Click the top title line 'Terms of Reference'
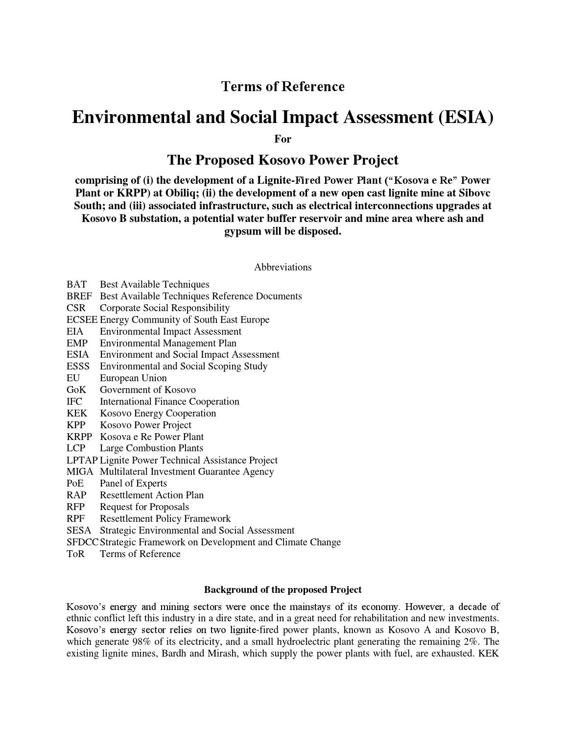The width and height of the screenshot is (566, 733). pyautogui.click(x=283, y=87)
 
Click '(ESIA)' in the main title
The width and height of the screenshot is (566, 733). pyautogui.click(x=465, y=118)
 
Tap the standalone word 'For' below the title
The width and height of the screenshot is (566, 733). pyautogui.click(x=283, y=139)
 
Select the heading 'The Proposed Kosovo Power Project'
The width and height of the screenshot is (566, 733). pyautogui.click(x=283, y=160)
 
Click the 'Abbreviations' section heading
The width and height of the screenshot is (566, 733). pyautogui.click(x=283, y=268)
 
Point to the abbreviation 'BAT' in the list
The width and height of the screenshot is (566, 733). pyautogui.click(x=76, y=285)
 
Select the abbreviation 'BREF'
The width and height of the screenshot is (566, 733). pyautogui.click(x=79, y=296)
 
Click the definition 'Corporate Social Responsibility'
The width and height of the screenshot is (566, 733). pyautogui.click(x=165, y=308)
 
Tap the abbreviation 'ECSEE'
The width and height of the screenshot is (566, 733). pyautogui.click(x=82, y=320)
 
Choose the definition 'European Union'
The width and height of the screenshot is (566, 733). pyautogui.click(x=133, y=378)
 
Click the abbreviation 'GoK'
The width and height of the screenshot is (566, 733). pyautogui.click(x=76, y=390)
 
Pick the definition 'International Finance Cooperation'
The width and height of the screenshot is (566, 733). pyautogui.click(x=169, y=402)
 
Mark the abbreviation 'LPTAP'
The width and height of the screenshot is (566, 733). pyautogui.click(x=82, y=460)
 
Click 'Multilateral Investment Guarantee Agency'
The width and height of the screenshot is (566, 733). pyautogui.click(x=187, y=472)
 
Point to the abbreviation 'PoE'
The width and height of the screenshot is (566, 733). pyautogui.click(x=75, y=484)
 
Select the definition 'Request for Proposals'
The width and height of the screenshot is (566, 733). pyautogui.click(x=144, y=507)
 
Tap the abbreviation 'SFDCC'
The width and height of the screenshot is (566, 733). pyautogui.click(x=82, y=542)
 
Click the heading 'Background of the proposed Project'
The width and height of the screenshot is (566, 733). pyautogui.click(x=283, y=589)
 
